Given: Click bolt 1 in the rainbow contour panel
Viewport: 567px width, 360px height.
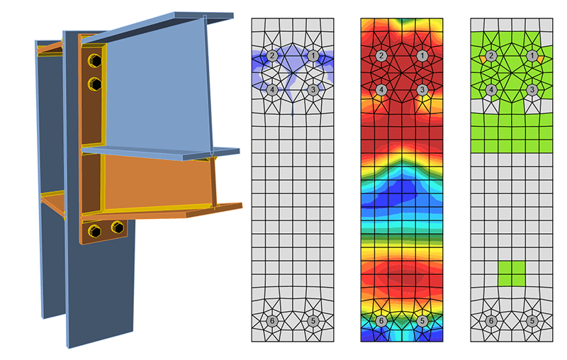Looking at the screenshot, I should (x=422, y=55).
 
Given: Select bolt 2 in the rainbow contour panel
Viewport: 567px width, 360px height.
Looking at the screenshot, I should (x=382, y=55).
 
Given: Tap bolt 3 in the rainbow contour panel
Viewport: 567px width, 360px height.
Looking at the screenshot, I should (x=422, y=90).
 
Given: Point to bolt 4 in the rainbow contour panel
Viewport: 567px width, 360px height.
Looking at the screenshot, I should (x=382, y=90).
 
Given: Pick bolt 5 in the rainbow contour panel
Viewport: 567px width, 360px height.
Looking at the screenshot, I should (x=422, y=321).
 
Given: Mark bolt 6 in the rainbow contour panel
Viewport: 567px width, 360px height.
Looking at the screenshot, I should (x=382, y=321).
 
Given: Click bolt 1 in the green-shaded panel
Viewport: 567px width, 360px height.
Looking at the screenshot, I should (x=532, y=55).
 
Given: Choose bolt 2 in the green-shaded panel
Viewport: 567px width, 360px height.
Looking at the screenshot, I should (x=491, y=55).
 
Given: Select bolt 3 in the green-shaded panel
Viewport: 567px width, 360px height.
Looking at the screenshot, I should (x=532, y=90).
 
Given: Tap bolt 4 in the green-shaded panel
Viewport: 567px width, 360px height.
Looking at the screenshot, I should (x=491, y=90).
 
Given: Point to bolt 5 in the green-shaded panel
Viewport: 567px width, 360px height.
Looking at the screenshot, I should (x=532, y=321).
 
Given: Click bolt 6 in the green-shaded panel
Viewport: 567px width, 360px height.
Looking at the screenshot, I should (x=491, y=321).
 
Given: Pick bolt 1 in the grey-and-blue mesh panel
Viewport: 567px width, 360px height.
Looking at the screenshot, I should (x=313, y=55).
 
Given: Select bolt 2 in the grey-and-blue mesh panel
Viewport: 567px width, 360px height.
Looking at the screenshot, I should (x=272, y=55).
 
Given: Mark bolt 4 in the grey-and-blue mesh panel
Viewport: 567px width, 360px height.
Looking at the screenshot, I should (x=272, y=90).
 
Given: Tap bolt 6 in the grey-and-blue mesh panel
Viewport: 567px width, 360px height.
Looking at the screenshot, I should (x=272, y=321).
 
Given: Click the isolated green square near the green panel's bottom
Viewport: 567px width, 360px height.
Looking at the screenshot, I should (x=512, y=274).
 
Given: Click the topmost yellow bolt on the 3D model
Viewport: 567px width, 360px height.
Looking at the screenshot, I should (x=94, y=62).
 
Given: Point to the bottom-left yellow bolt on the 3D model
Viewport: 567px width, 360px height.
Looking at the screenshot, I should (x=94, y=230).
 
